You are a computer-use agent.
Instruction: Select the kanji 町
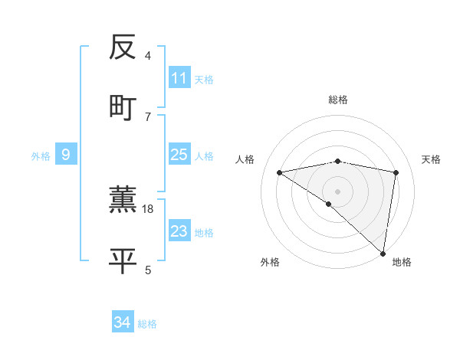(123, 107)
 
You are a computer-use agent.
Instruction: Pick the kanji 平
(123, 260)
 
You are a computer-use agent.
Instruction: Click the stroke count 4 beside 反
(148, 56)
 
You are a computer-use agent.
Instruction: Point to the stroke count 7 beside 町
(148, 116)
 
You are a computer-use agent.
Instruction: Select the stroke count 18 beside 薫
(149, 209)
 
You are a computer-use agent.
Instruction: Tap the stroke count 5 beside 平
(148, 270)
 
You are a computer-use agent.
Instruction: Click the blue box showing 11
(179, 78)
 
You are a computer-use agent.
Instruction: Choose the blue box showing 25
(179, 155)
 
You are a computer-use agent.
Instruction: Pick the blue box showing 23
(179, 231)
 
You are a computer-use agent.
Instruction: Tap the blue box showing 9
(66, 155)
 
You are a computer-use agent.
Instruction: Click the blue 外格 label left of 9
(41, 156)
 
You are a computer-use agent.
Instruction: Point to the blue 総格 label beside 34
(147, 324)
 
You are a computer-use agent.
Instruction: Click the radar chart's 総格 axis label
(338, 100)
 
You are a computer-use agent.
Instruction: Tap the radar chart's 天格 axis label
(432, 159)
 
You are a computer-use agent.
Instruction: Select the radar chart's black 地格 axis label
(402, 263)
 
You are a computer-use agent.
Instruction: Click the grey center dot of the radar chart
(338, 191)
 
